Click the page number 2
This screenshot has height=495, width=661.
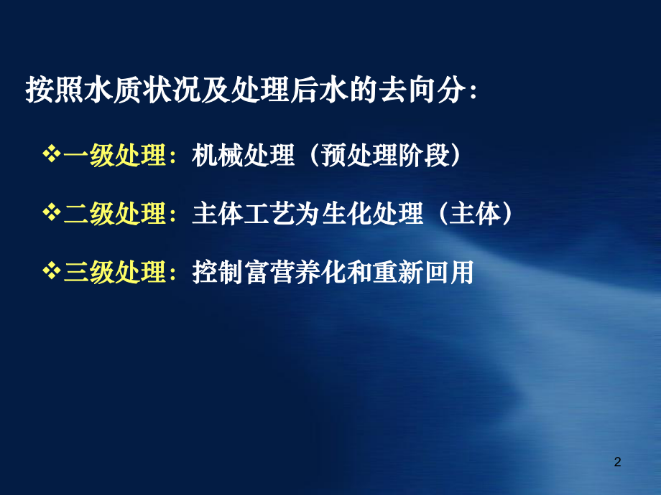[617, 463]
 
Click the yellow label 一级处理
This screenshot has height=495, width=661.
[116, 156]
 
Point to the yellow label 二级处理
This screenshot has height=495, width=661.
[116, 214]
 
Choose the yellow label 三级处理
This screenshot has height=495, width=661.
[116, 273]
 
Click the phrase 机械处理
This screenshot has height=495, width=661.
[244, 156]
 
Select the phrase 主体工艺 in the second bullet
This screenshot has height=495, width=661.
[244, 214]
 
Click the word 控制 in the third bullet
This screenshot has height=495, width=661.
[218, 273]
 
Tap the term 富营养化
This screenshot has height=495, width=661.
[295, 273]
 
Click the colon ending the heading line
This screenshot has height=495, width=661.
[472, 93]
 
